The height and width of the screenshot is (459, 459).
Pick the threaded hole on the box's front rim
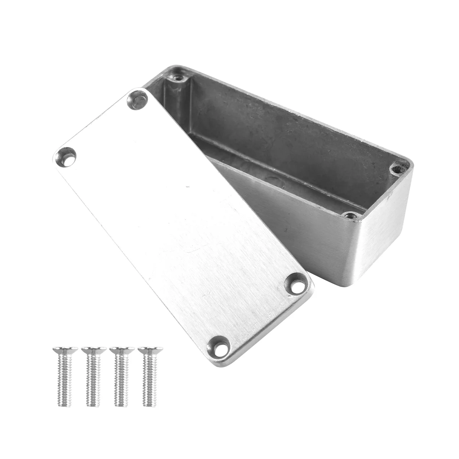click(x=349, y=215)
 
